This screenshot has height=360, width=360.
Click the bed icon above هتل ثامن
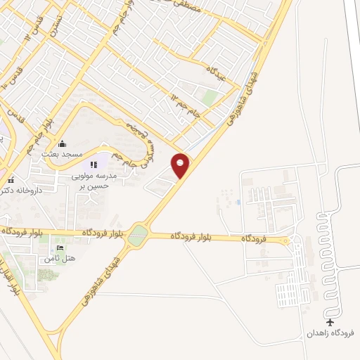click(x=59, y=248)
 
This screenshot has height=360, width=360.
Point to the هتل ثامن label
click(x=59, y=259)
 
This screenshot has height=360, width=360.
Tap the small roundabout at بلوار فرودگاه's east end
click(x=284, y=241)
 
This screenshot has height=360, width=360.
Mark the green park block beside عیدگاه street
click(x=210, y=97)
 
